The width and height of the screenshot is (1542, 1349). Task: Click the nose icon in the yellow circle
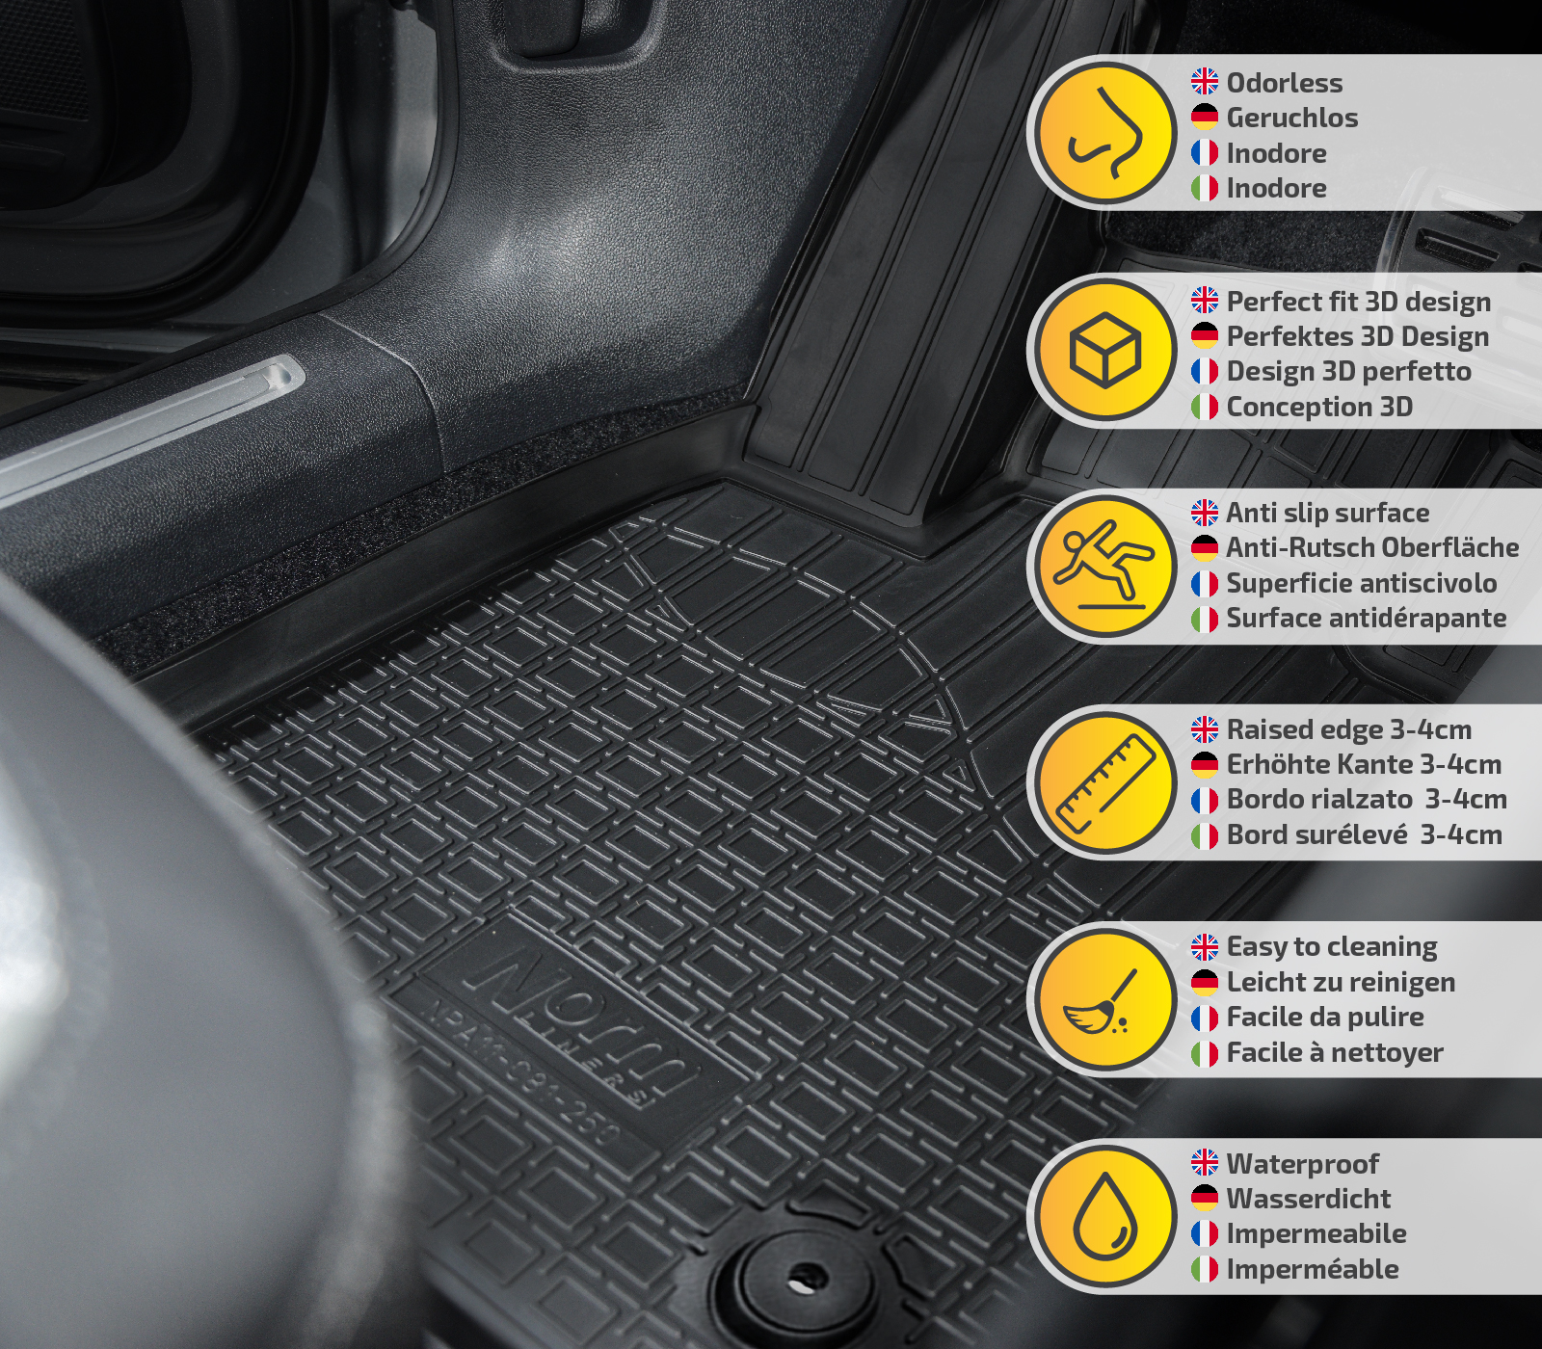1106,133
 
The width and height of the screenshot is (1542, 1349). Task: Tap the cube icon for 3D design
1105,350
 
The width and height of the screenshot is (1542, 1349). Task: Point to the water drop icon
1105,1217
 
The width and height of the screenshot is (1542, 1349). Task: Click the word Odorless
1284,83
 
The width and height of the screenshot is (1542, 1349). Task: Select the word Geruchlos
1291,118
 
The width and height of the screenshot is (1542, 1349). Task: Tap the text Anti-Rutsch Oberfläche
1372,547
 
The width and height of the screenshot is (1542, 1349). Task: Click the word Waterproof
1302,1164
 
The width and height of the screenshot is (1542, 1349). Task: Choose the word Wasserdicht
1308,1199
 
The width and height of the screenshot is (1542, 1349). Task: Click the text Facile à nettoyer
1335,1052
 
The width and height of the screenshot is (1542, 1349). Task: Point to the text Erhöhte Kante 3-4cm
1364,764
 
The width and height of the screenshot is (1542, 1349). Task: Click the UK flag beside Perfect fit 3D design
1205,300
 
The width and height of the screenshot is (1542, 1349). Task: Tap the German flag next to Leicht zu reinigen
1205,982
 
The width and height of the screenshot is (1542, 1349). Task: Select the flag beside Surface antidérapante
1205,619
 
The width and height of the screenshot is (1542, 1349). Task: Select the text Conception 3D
1319,407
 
